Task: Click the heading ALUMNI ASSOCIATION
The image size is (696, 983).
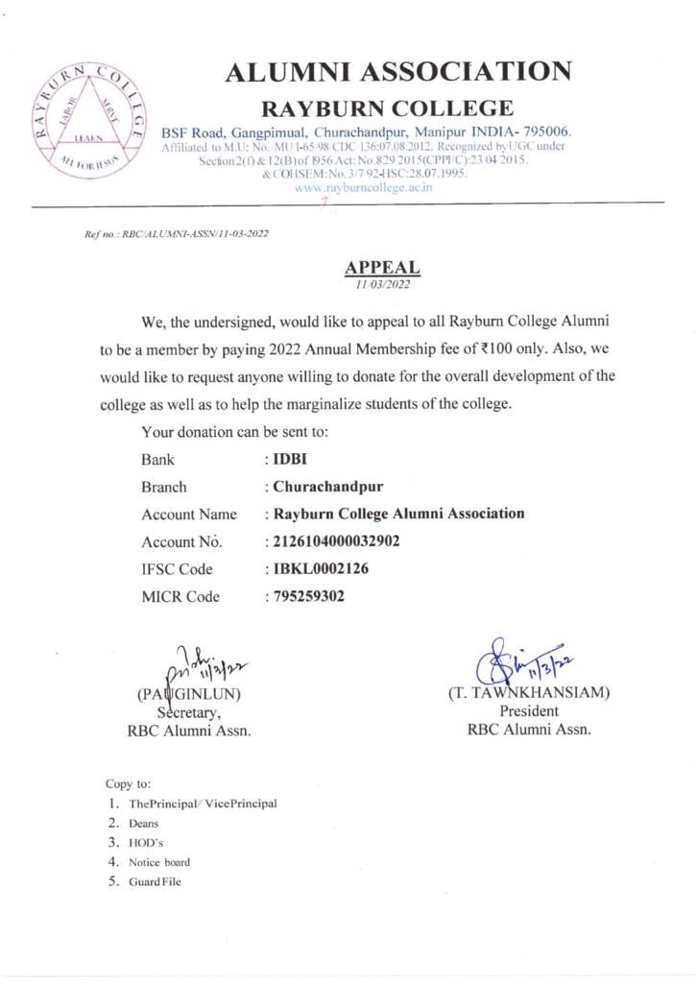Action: point(397,72)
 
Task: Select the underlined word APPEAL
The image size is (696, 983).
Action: point(382,268)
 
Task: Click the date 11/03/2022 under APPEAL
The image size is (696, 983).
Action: point(382,284)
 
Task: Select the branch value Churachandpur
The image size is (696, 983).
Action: point(328,486)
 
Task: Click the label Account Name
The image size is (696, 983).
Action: point(189,515)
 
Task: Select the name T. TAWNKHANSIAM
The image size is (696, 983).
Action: point(529,692)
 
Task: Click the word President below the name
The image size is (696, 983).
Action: point(529,710)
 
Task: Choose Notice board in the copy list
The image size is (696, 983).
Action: point(159,862)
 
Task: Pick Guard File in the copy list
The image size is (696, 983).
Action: point(155,881)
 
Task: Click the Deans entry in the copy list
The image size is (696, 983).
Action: point(144,824)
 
